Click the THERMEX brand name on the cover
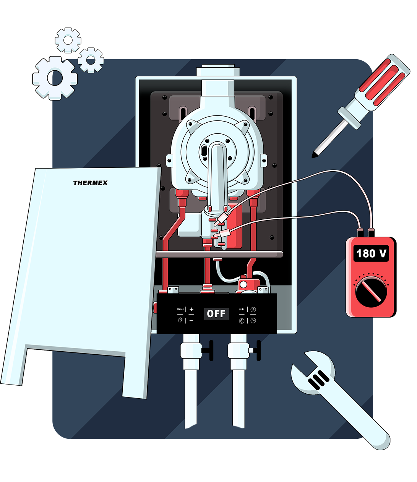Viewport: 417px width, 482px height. click(90, 183)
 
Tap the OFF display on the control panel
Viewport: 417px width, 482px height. click(216, 314)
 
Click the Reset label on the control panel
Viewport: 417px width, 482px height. click(180, 309)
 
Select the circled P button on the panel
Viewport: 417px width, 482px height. click(253, 310)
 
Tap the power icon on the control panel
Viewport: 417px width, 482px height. click(242, 321)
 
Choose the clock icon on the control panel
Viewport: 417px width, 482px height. click(253, 321)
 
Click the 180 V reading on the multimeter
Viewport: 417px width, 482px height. click(371, 253)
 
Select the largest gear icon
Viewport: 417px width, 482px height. click(55, 78)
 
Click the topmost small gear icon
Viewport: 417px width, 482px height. click(68, 40)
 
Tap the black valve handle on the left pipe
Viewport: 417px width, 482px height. click(208, 350)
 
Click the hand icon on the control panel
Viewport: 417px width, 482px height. click(180, 320)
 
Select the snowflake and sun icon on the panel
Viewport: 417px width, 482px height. click(242, 309)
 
